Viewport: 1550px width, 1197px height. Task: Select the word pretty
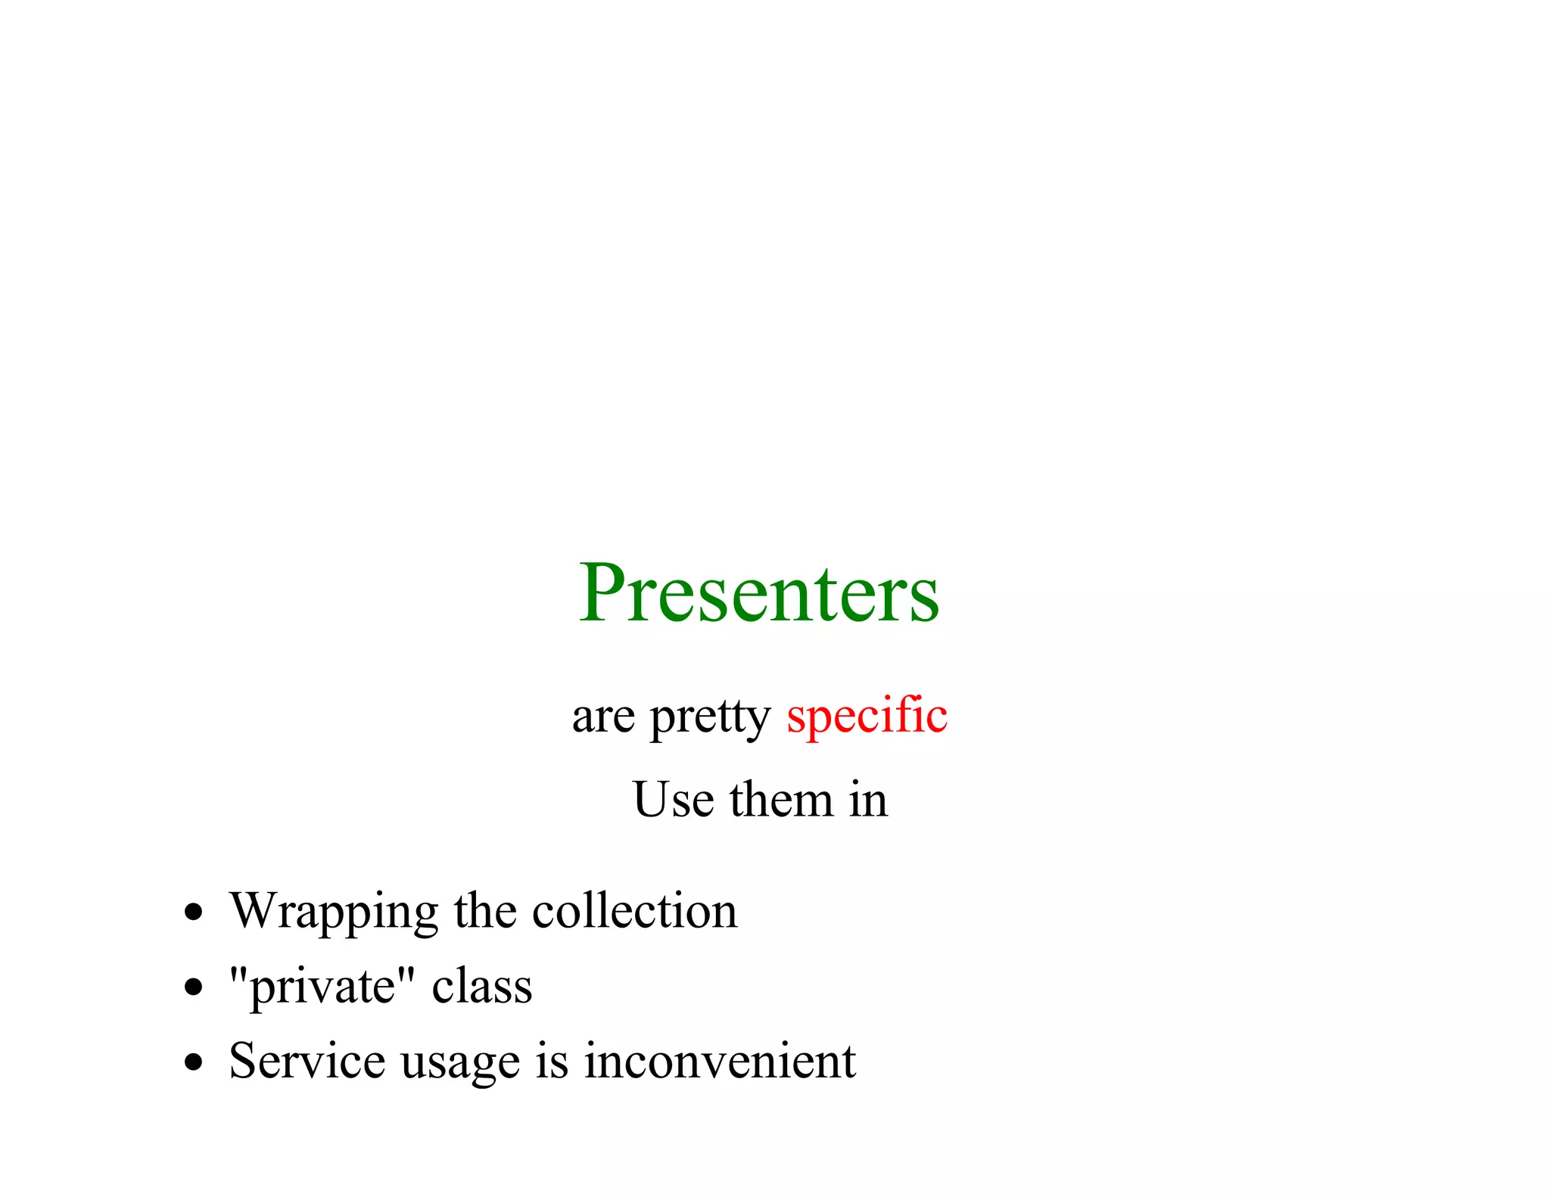coord(709,717)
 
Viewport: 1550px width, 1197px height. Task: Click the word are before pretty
coord(603,717)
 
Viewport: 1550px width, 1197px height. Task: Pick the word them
coord(781,800)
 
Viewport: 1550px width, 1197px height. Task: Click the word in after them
coord(868,800)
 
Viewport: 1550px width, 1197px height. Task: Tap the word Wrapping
coord(334,911)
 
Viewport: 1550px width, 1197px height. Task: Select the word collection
coord(634,911)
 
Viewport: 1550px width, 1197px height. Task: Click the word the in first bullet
coord(484,911)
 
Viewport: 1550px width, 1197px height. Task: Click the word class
coord(482,987)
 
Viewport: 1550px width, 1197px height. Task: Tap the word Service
coord(307,1061)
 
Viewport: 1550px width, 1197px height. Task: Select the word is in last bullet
coord(552,1061)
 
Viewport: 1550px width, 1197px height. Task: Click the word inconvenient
coord(720,1061)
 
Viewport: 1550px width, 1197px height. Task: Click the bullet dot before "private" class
coord(195,987)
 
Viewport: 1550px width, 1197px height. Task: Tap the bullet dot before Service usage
coord(195,1062)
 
